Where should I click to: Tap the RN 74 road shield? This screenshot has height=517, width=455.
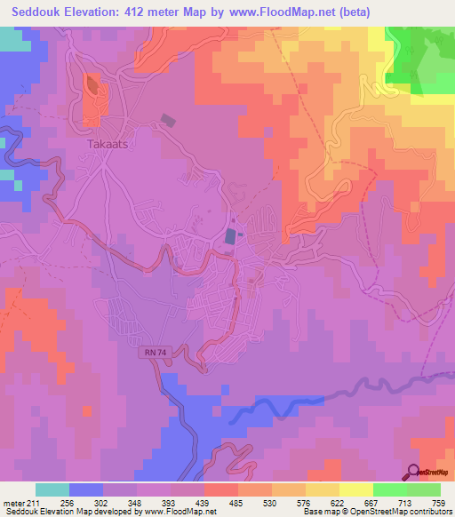153,354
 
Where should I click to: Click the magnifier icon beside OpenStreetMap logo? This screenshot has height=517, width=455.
413,472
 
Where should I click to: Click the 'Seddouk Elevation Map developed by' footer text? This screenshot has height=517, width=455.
59,512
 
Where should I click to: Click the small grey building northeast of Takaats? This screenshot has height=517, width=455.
168,121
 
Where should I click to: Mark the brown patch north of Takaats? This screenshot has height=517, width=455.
93,87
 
